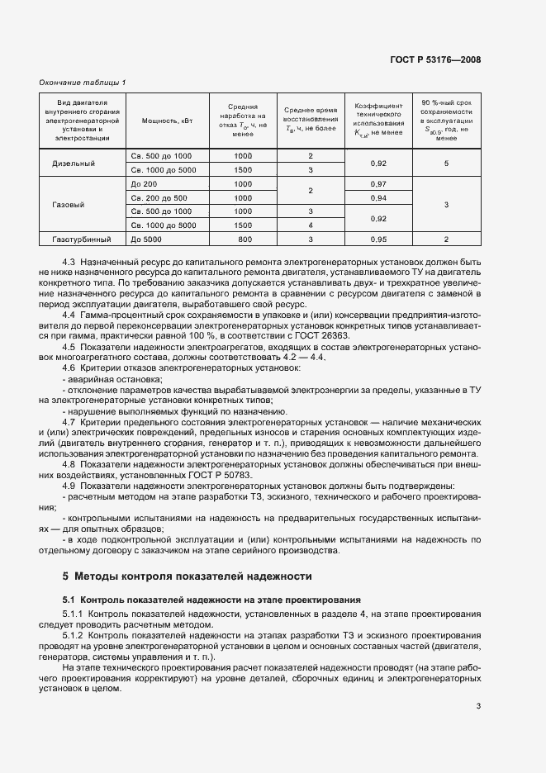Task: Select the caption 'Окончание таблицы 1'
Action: [x=83, y=82]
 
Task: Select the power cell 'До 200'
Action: [x=144, y=183]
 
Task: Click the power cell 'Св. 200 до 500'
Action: [x=159, y=197]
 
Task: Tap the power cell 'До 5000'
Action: [x=146, y=239]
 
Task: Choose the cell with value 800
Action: [x=243, y=239]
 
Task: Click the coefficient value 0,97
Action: [x=378, y=183]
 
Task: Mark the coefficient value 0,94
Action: [x=378, y=197]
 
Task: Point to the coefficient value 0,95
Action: [x=378, y=239]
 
